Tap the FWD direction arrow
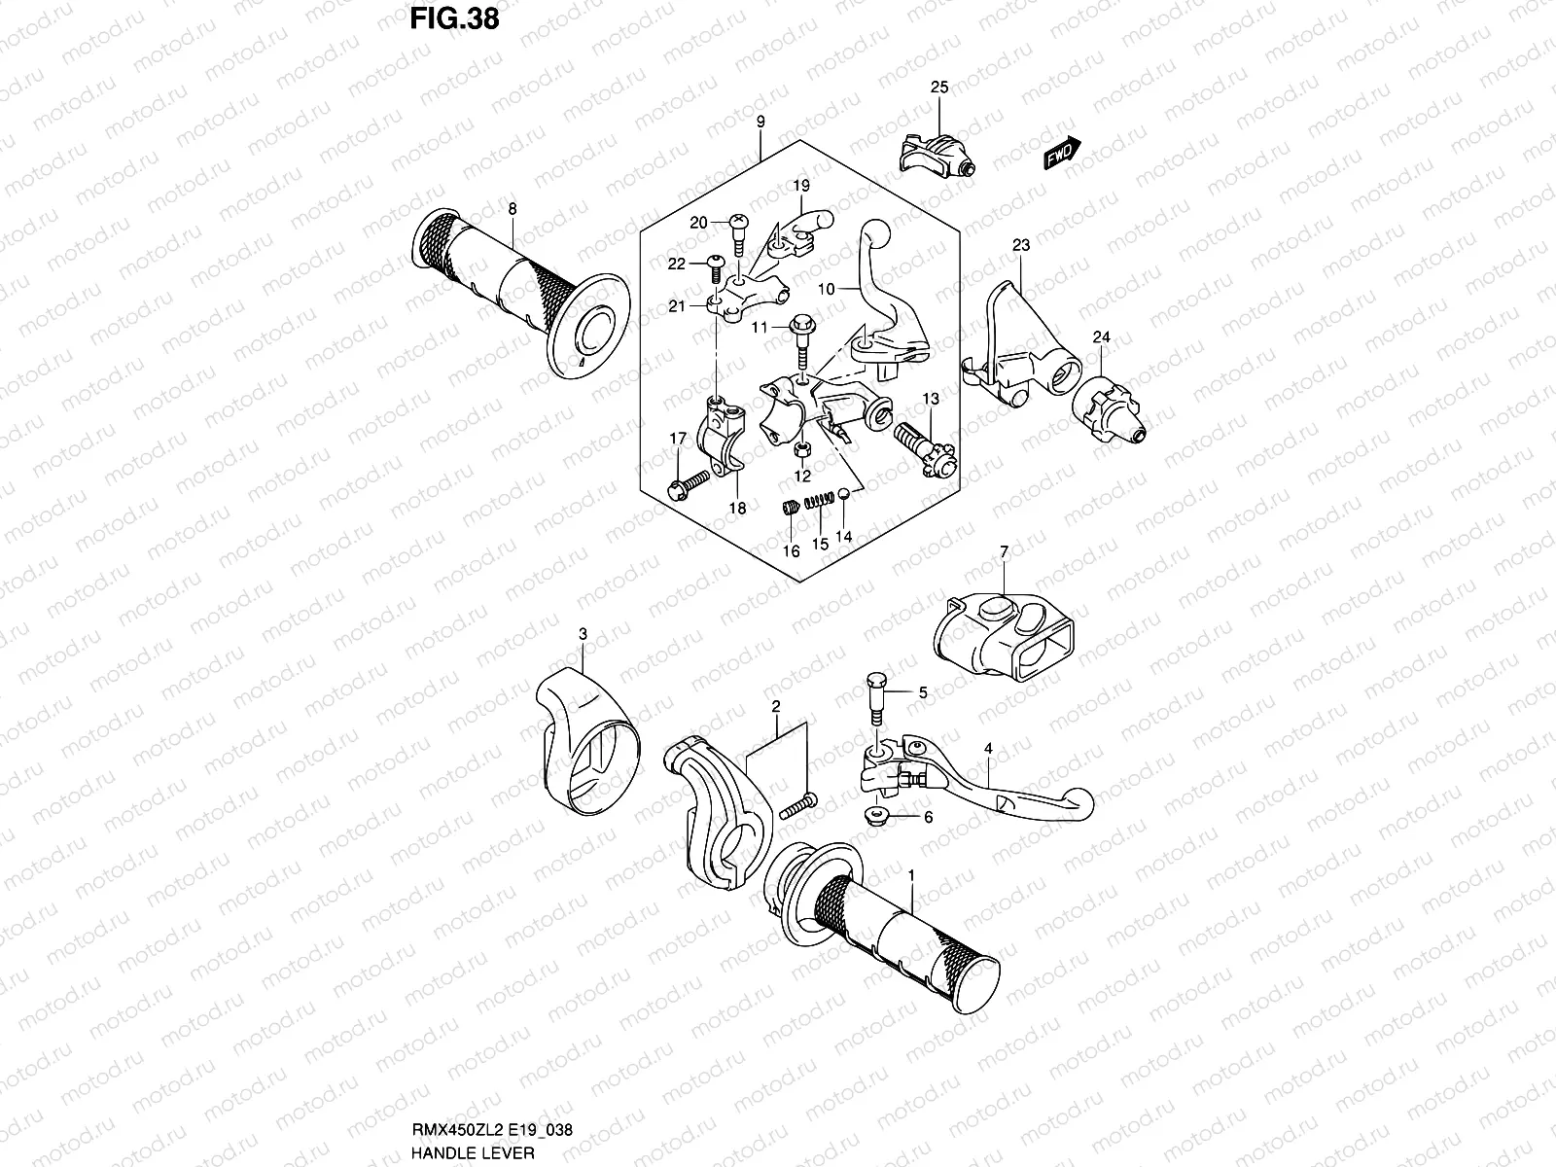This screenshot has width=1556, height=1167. [x=1062, y=153]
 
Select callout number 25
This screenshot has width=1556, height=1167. [x=938, y=88]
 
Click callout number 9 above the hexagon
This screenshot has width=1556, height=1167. [x=760, y=122]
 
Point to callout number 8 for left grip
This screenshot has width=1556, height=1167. [x=512, y=208]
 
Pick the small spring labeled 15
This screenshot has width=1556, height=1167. [x=823, y=501]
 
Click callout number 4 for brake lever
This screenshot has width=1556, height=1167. [x=988, y=749]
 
